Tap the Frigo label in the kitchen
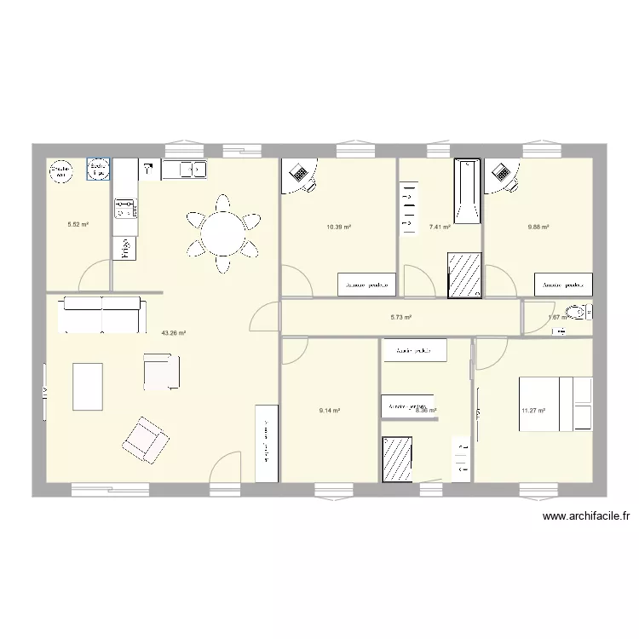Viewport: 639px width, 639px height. coord(125,248)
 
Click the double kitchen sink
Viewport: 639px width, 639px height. coord(184,170)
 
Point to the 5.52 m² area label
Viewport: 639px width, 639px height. coord(78,226)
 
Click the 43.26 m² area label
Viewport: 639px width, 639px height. coord(173,334)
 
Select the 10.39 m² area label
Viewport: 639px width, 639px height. coord(339,227)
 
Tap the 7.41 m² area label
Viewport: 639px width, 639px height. coord(440,227)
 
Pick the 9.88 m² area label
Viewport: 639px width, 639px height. coord(538,227)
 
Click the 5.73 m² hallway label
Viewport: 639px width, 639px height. coord(401,318)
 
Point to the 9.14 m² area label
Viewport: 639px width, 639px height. coord(330,411)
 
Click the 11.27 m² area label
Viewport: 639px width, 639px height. coord(533,411)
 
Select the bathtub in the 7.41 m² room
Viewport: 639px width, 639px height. coord(467,192)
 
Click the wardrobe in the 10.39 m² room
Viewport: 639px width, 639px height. coord(367,285)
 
